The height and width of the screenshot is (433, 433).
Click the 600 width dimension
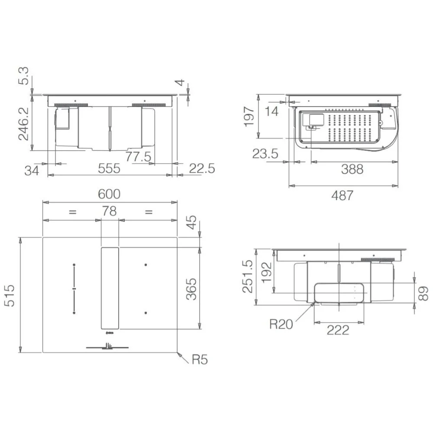110,194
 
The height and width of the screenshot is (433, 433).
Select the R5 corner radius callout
200,359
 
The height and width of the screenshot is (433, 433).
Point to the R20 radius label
281,324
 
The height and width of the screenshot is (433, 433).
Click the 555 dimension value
110,168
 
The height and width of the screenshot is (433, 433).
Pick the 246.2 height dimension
23,124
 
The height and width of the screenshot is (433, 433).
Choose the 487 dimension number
343,196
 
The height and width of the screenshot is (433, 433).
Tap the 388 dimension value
352,169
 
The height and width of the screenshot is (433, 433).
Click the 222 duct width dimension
338,330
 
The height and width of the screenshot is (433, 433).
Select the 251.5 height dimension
247,276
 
